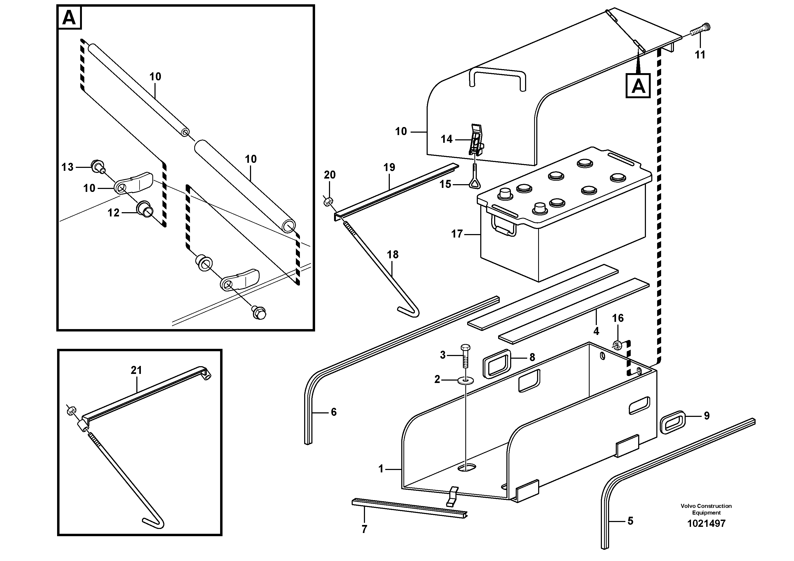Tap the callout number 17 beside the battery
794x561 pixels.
coord(457,234)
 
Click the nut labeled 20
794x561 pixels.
coord(328,201)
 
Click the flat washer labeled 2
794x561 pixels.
coord(466,381)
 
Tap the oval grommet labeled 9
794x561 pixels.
coord(673,422)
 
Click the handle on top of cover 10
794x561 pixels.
coord(497,76)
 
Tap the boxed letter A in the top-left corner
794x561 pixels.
coord(69,18)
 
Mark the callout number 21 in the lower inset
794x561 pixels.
coord(136,370)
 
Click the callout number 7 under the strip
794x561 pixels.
coord(364,529)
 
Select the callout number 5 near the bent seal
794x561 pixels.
coord(630,521)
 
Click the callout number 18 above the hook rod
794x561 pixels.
coord(392,255)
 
